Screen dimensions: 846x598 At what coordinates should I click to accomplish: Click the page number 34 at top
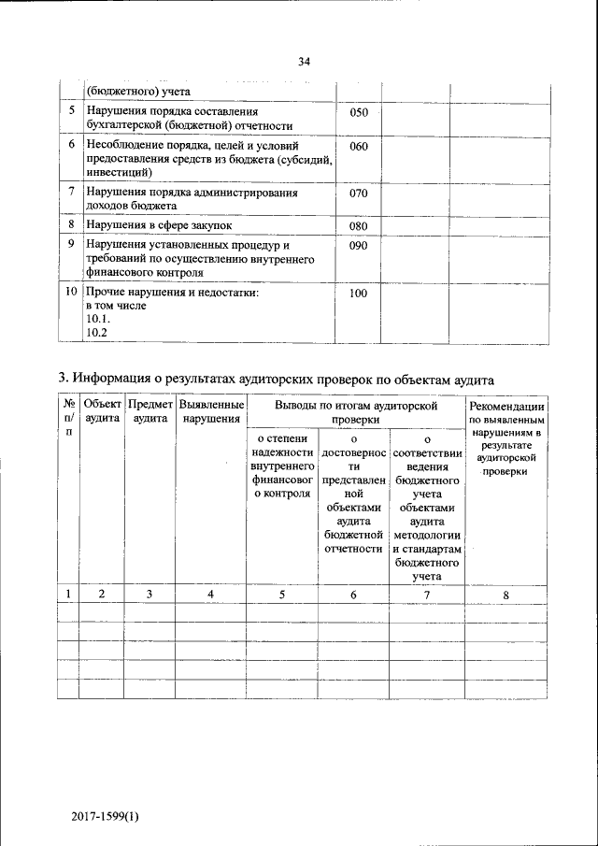[304, 62]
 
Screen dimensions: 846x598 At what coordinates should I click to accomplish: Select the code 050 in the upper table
[359, 113]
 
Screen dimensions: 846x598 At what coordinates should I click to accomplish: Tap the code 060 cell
[359, 148]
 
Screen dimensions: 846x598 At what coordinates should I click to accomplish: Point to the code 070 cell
[359, 194]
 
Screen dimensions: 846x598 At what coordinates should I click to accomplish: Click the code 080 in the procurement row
[359, 226]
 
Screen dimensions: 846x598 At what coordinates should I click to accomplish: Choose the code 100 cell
[359, 294]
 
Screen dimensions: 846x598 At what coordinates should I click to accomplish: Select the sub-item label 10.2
[97, 333]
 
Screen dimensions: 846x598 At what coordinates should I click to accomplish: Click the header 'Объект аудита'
[102, 412]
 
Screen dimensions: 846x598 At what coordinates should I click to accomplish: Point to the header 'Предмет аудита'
[149, 412]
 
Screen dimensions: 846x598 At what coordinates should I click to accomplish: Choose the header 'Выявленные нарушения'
[211, 412]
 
